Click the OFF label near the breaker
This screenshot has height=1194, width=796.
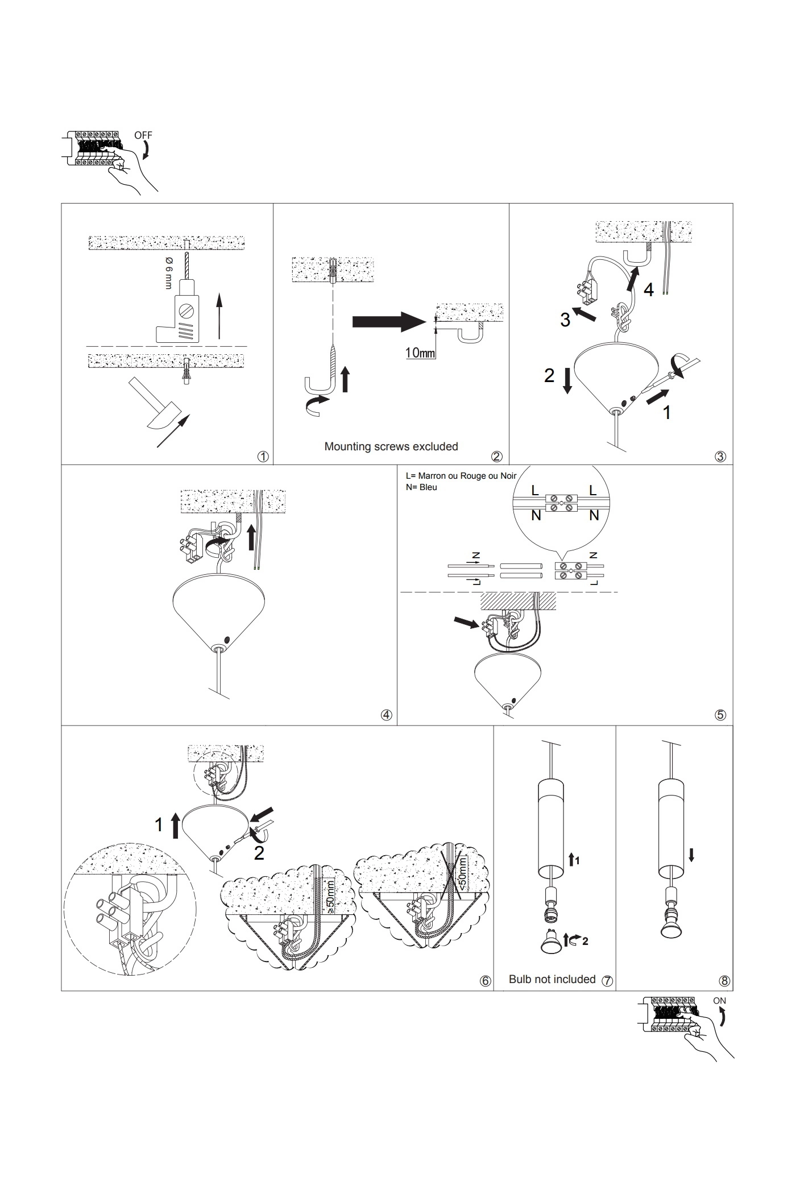tap(143, 135)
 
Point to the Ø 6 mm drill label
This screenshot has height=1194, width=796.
tap(169, 272)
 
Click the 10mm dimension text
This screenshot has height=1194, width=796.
tap(420, 353)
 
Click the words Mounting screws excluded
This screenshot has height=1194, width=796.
tap(391, 447)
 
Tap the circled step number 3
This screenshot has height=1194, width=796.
tap(720, 456)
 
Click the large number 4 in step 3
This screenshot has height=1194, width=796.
tap(649, 290)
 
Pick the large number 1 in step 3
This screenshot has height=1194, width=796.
tap(667, 413)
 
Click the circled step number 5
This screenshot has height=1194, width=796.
tap(720, 715)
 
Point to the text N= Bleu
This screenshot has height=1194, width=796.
tap(421, 487)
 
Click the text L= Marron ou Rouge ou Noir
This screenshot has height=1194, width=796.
tap(461, 476)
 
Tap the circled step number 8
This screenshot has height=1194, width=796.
tap(724, 981)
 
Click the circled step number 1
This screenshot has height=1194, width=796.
tap(263, 457)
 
